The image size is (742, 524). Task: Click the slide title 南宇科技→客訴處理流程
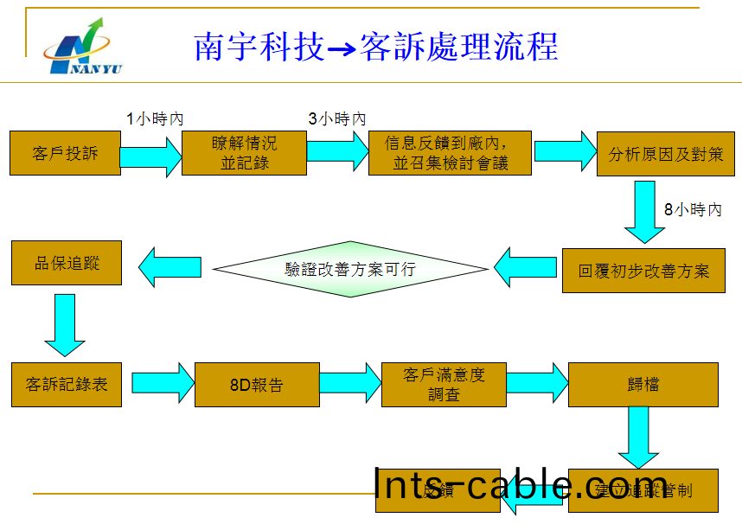[376, 47]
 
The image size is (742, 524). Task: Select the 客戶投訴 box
[66, 153]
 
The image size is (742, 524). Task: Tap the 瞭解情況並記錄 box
[244, 153]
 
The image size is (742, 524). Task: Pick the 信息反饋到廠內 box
[450, 153]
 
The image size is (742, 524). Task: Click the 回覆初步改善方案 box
[643, 270]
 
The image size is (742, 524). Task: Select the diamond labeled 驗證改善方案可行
[350, 269]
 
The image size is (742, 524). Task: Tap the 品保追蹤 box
[67, 263]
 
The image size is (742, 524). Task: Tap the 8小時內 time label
[693, 209]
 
